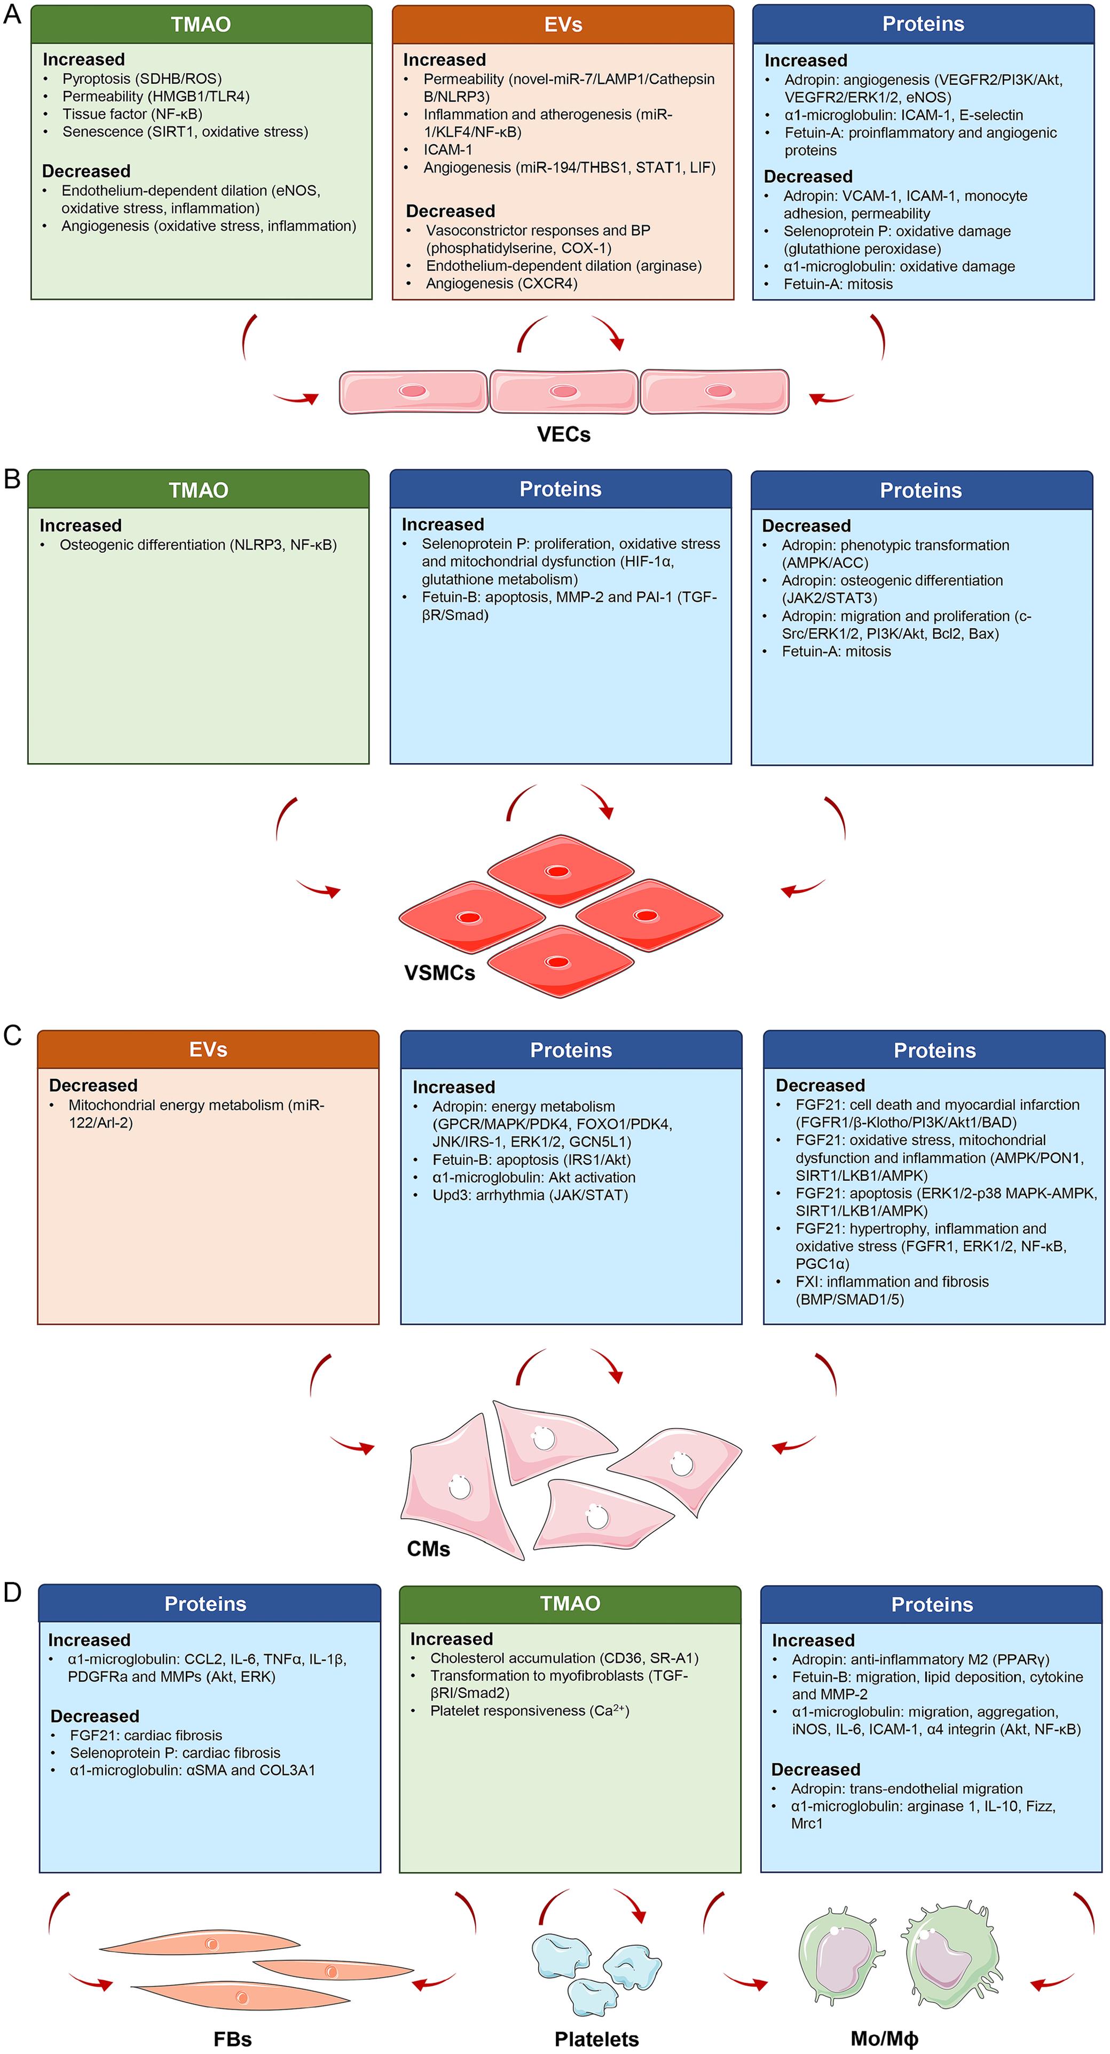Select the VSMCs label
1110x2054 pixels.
pyautogui.click(x=439, y=973)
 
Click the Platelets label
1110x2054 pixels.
pyautogui.click(x=596, y=2039)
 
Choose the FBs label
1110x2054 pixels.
pyautogui.click(x=232, y=2039)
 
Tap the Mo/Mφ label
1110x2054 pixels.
pyautogui.click(x=884, y=2039)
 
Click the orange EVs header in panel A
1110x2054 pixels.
pyautogui.click(x=562, y=25)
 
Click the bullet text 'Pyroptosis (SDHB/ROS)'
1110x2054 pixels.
pyautogui.click(x=142, y=78)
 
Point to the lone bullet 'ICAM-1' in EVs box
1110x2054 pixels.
pyautogui.click(x=447, y=149)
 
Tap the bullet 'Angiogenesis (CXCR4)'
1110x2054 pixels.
pyautogui.click(x=501, y=283)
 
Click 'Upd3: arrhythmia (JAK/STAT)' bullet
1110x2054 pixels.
pyautogui.click(x=530, y=1195)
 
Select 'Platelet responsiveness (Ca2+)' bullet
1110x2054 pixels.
pyautogui.click(x=530, y=1711)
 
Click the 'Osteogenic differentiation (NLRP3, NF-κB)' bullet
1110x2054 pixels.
pyautogui.click(x=198, y=545)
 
